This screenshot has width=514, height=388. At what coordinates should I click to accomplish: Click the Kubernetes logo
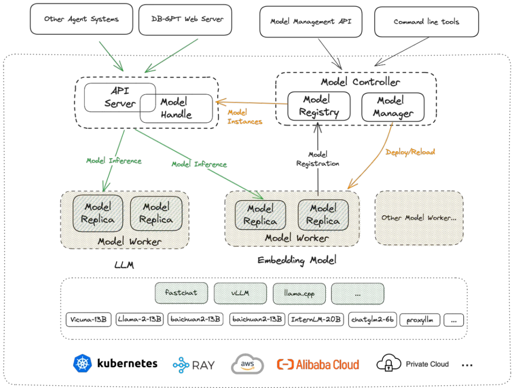click(83, 364)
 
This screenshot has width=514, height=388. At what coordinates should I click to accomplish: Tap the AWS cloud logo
click(247, 364)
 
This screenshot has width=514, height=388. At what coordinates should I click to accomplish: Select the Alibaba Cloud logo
click(318, 364)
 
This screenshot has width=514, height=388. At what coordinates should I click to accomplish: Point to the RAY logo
click(194, 365)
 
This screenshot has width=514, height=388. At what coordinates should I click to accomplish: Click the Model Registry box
click(318, 106)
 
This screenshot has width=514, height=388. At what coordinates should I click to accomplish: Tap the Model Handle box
click(176, 108)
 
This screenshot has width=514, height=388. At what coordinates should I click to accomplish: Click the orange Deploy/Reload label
click(410, 152)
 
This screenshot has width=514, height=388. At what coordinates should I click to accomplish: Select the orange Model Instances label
click(245, 117)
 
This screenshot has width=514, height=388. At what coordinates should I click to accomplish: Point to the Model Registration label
click(318, 159)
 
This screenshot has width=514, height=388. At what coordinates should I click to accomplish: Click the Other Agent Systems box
click(82, 20)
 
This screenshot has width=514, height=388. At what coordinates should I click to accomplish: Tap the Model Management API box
click(311, 21)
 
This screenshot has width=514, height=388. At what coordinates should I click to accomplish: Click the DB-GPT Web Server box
click(185, 20)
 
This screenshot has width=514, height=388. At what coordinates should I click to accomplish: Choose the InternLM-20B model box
click(316, 319)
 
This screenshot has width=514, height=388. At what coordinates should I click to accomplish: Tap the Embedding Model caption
click(297, 261)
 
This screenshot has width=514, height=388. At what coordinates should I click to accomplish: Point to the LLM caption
click(124, 265)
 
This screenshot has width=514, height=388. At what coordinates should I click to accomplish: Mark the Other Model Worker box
click(419, 218)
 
